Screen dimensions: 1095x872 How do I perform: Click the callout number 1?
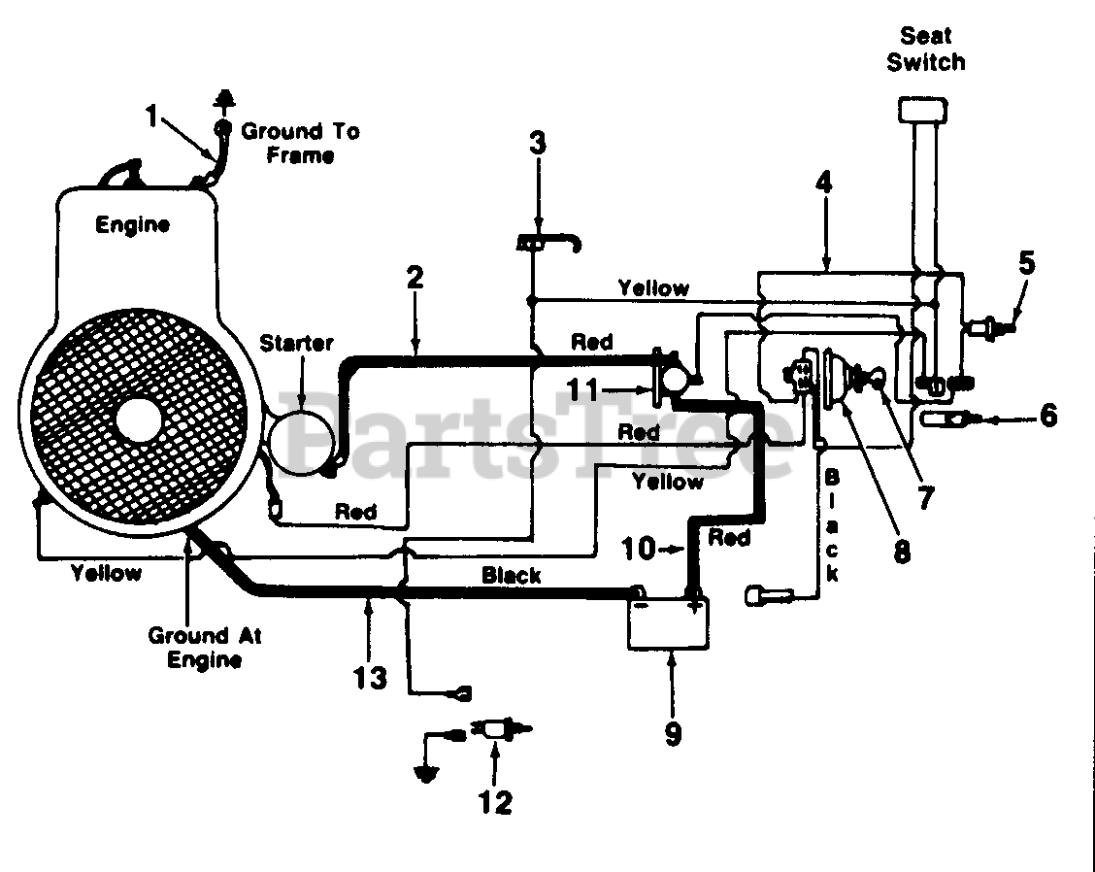151,116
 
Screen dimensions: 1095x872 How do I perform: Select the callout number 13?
370,677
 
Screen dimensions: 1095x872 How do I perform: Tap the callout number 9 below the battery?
673,734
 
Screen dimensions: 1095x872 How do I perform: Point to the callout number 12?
495,802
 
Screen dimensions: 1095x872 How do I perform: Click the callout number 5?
1026,263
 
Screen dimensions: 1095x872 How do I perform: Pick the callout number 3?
537,143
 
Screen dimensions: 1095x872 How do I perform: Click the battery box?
668,623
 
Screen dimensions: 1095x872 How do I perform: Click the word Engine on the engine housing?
132,225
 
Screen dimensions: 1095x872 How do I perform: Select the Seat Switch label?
926,49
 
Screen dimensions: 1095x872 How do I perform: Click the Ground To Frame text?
300,143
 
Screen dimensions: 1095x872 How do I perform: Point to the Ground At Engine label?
205,648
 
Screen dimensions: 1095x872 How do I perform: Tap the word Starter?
296,343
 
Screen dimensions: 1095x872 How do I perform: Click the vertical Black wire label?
832,526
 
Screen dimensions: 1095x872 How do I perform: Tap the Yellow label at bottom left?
106,574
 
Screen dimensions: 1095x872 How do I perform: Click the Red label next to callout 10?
729,538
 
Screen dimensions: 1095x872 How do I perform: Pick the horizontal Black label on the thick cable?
512,576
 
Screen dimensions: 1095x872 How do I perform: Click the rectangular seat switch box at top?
922,111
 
